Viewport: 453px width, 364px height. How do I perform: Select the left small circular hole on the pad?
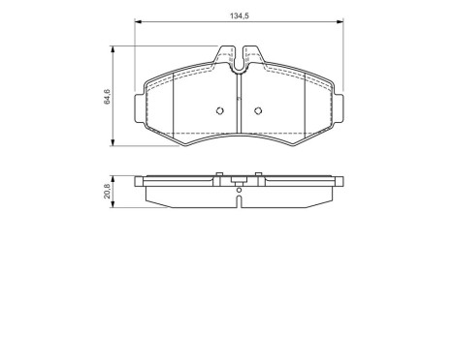click(220, 108)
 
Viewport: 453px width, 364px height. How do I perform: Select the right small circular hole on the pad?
click(257, 108)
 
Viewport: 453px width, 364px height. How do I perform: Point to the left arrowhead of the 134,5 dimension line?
click(137, 23)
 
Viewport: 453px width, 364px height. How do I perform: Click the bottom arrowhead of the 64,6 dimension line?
click(115, 145)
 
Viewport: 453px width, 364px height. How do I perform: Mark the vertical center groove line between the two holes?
click(239, 111)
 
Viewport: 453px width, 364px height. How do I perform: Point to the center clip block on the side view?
click(239, 179)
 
